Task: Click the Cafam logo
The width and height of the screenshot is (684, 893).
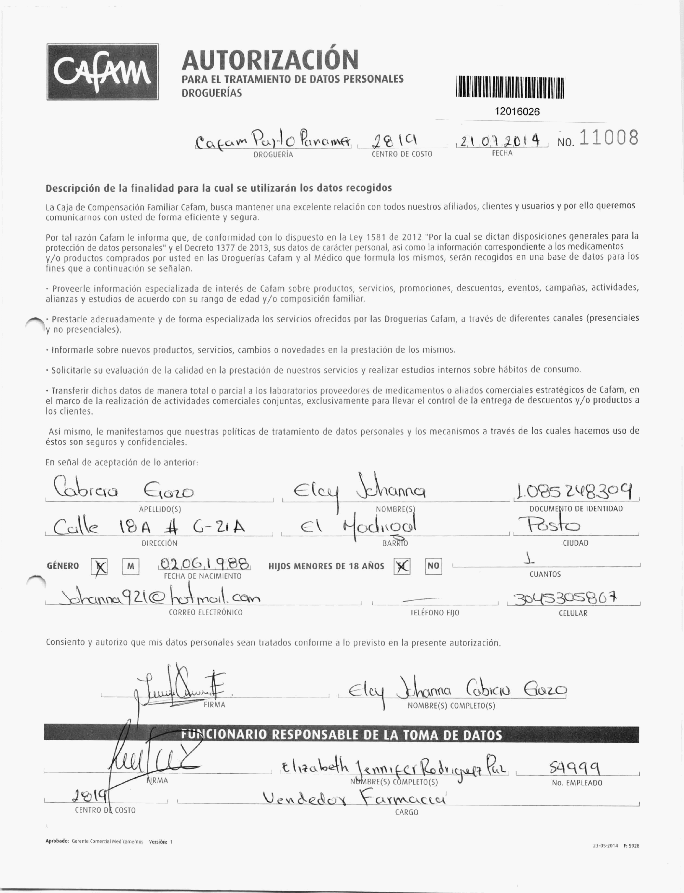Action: pos(102,72)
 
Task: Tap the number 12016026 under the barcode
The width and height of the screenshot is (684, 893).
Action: pos(517,112)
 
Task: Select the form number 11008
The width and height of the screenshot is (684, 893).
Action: pos(608,139)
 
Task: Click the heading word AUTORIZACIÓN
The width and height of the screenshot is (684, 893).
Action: pos(270,60)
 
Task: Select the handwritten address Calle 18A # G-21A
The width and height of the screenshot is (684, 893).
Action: pos(149,527)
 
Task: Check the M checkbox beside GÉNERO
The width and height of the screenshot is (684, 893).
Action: pos(130,566)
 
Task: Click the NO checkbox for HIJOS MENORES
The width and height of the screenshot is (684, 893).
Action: pos(433,566)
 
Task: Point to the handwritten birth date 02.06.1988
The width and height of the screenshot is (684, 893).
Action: pos(203,564)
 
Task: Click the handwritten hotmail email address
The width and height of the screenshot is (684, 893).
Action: pos(158,598)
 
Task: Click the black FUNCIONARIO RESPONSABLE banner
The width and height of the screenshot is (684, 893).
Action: pos(341,735)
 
